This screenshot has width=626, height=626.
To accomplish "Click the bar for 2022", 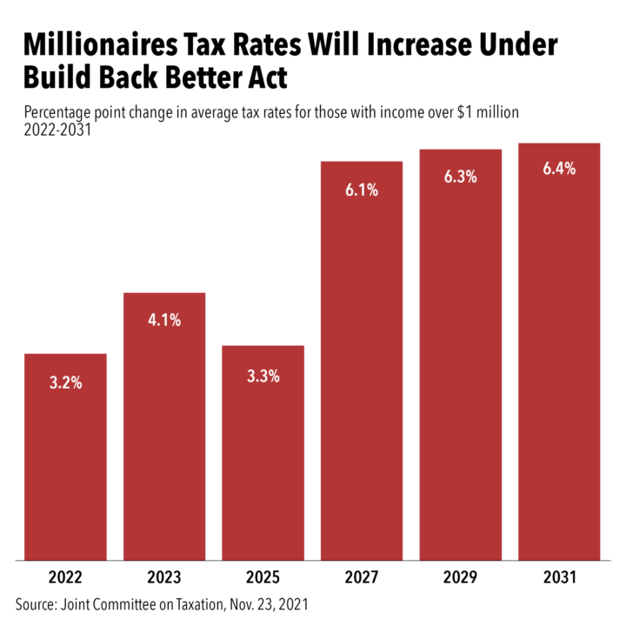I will click(65, 456).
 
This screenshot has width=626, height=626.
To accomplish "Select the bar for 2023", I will click(164, 426).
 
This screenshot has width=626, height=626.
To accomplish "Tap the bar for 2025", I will click(263, 452).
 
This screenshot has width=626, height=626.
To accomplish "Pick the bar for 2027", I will click(362, 361).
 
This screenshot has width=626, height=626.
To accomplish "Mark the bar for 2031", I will click(559, 352).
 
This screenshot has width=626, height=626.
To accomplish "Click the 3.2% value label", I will click(65, 383).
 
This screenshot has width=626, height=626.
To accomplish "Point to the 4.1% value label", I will click(164, 321).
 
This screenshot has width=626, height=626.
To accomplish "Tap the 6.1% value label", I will click(362, 190).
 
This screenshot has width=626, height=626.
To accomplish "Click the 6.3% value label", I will click(461, 177).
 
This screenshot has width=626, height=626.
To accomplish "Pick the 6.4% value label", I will click(559, 170).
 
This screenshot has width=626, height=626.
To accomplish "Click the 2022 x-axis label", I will click(65, 576).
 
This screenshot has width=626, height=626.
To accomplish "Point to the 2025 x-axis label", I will click(263, 576).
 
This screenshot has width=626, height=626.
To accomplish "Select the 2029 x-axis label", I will click(461, 576).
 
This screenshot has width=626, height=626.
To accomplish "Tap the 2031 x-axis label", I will click(559, 576).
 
